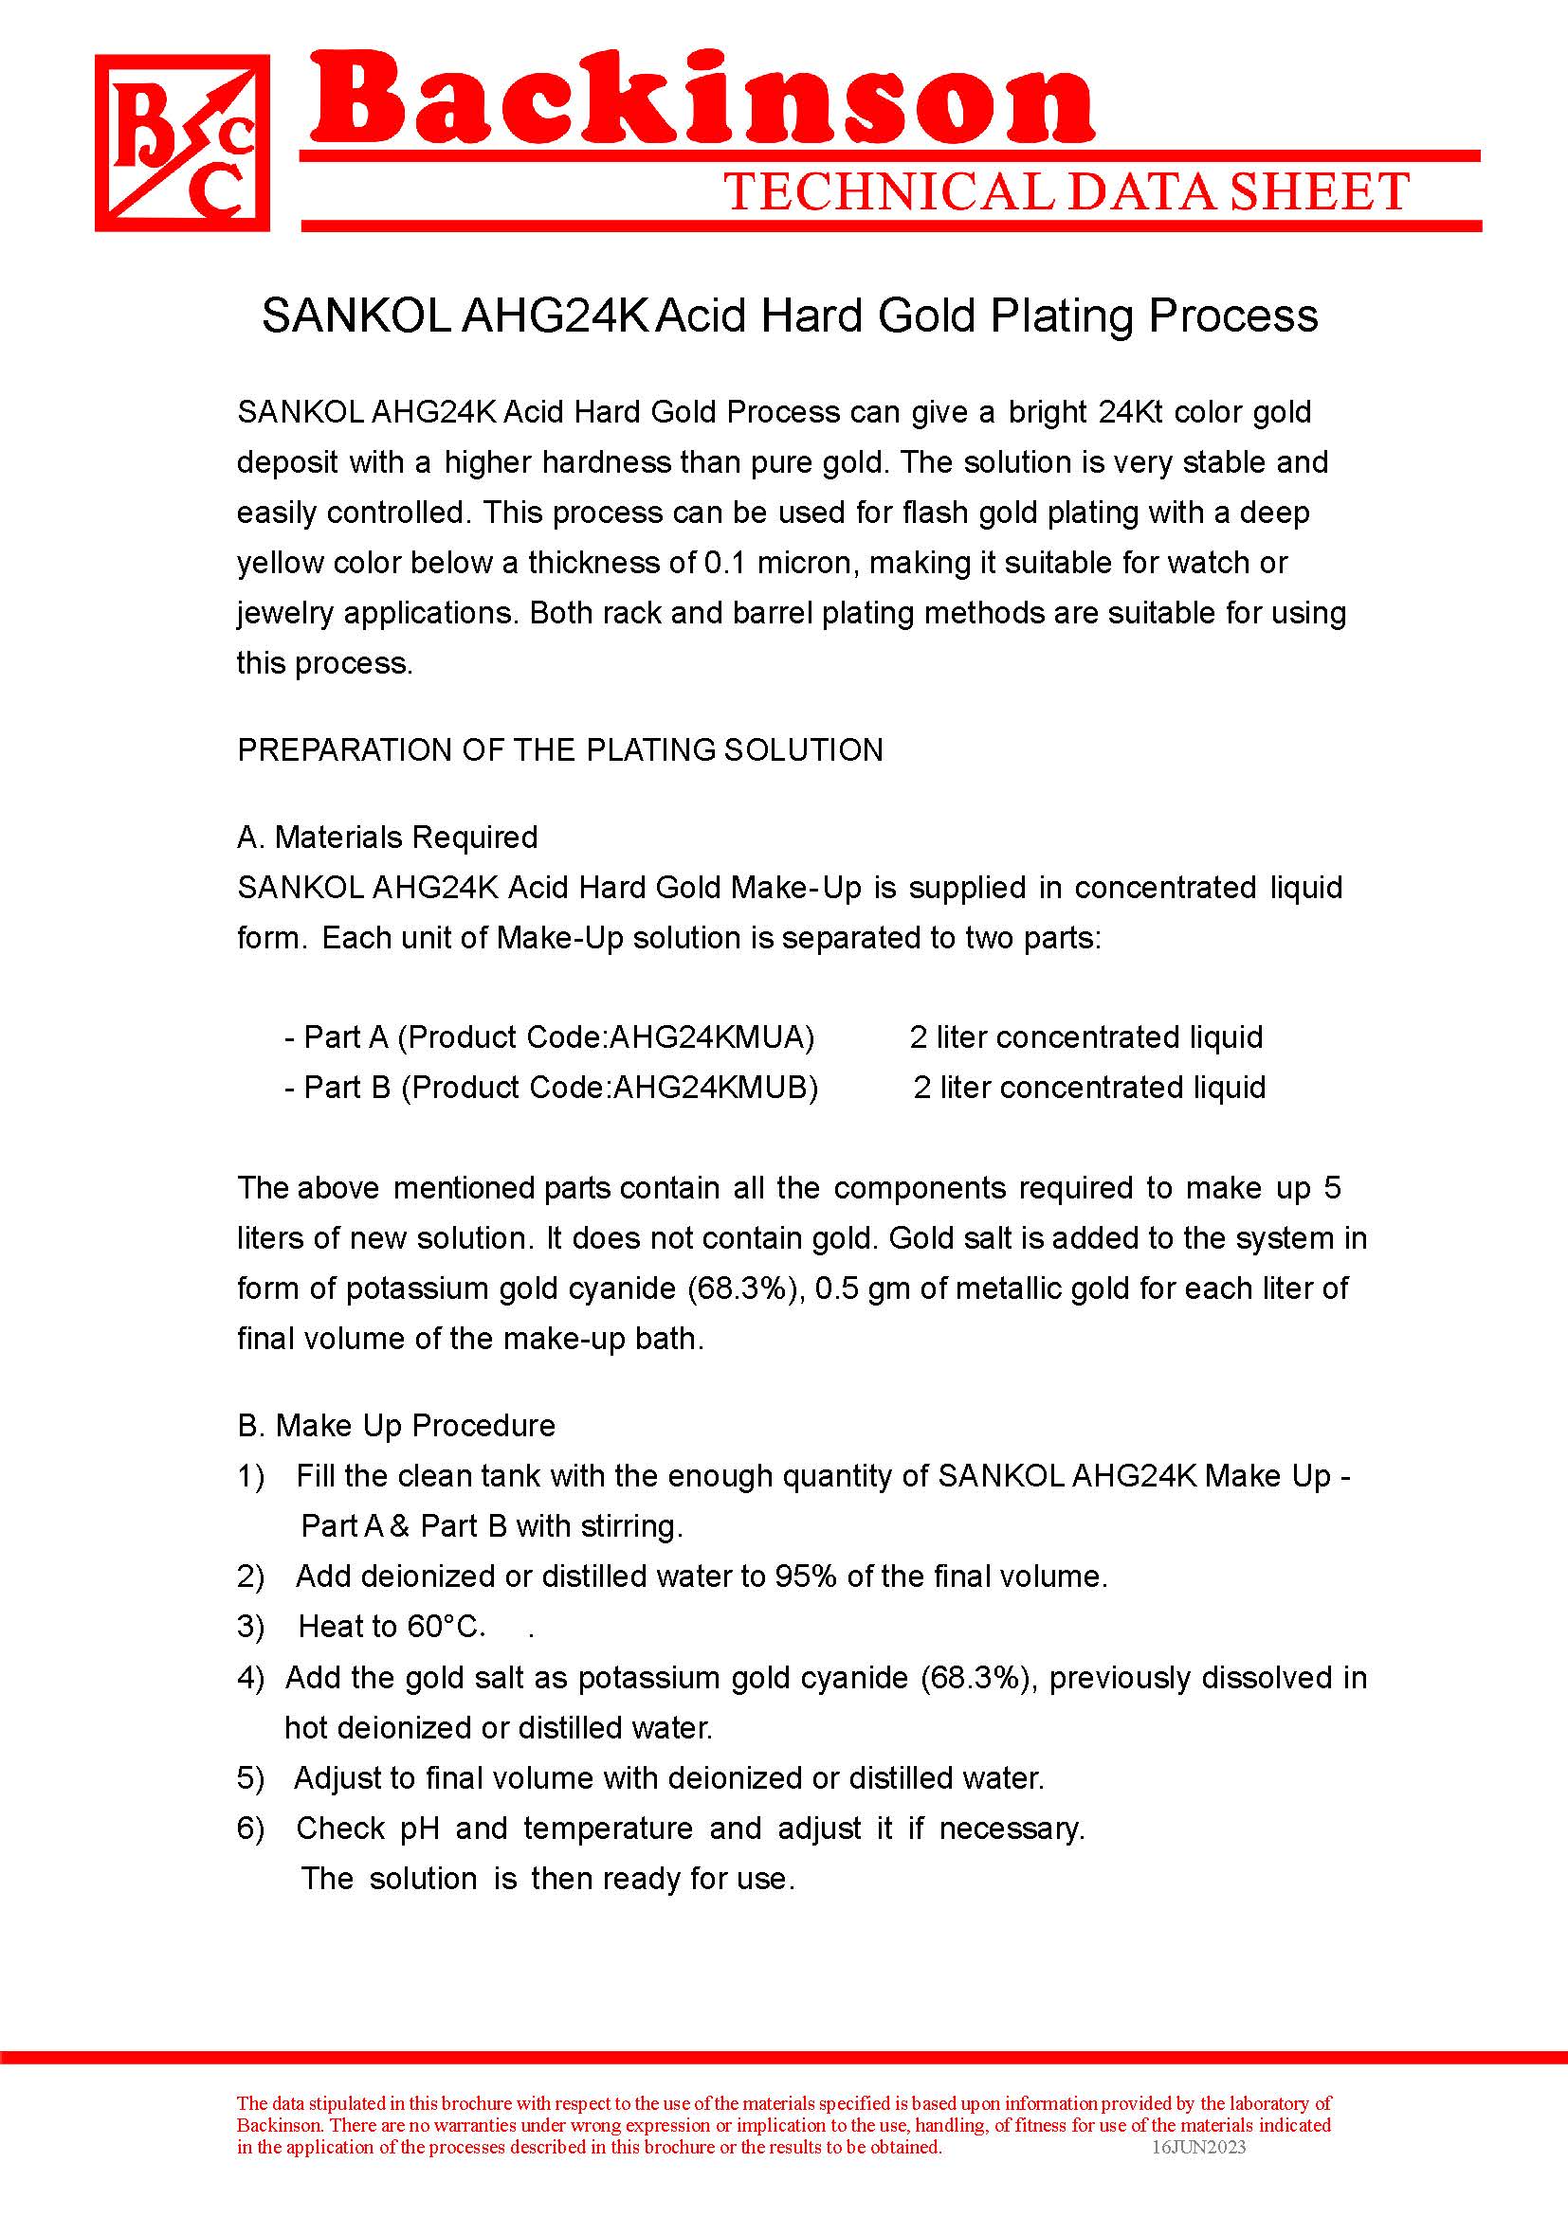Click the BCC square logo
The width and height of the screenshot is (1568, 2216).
(182, 143)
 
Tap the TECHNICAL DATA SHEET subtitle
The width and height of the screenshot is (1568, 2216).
(1066, 191)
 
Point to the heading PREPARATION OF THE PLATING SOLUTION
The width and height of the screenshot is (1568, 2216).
(560, 750)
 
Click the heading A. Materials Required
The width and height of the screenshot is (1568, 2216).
(387, 837)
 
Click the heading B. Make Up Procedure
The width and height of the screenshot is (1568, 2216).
(396, 1426)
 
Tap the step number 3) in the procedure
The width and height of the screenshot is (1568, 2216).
(250, 1627)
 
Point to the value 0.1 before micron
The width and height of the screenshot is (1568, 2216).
(724, 563)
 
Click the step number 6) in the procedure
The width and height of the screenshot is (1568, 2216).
(250, 1828)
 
